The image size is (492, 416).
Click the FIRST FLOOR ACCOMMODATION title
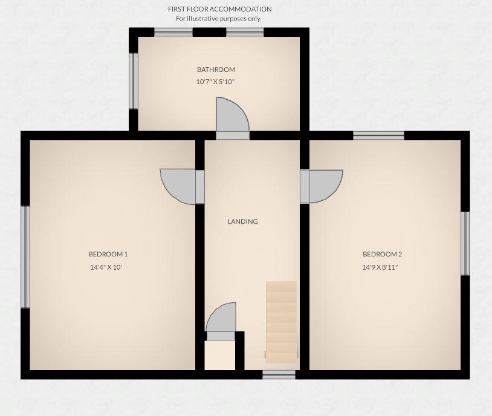(x=219, y=9)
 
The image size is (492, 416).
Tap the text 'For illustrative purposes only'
(x=218, y=18)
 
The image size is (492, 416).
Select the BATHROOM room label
(x=216, y=70)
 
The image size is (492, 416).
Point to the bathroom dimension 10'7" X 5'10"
(x=215, y=82)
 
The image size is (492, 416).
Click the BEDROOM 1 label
(x=108, y=254)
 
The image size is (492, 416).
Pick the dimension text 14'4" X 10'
(x=106, y=267)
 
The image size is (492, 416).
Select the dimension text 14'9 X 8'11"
(x=380, y=267)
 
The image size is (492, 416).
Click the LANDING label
(x=242, y=221)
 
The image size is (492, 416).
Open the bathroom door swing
(x=231, y=117)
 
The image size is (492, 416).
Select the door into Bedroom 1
(x=180, y=185)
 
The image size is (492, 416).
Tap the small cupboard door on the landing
(x=221, y=319)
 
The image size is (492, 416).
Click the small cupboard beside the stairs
(x=219, y=356)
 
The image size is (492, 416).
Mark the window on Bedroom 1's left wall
(x=25, y=257)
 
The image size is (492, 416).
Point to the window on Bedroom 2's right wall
(x=465, y=243)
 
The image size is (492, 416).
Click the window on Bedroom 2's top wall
(x=378, y=135)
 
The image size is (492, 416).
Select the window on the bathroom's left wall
(x=134, y=81)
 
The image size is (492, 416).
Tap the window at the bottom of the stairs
(x=279, y=375)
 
